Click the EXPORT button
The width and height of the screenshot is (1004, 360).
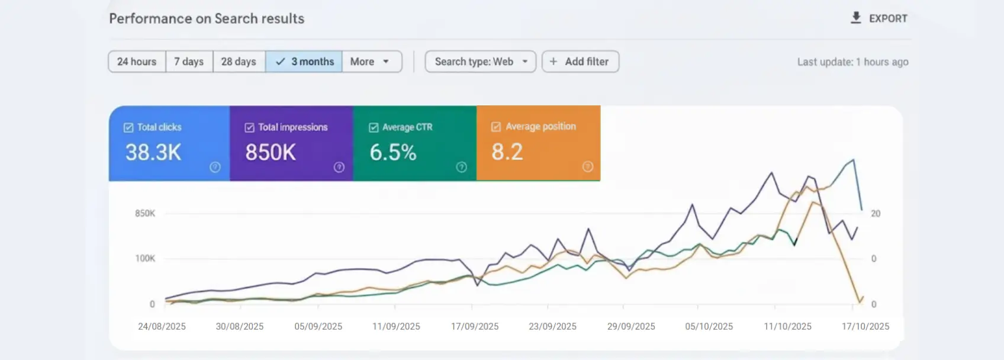click(x=879, y=18)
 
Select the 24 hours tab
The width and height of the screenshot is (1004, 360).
click(x=137, y=62)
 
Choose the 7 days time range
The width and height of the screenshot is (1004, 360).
click(x=189, y=62)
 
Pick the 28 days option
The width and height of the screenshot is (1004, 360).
click(x=239, y=62)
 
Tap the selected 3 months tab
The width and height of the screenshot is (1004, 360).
click(x=304, y=62)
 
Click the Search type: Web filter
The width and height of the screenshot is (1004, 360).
click(x=480, y=62)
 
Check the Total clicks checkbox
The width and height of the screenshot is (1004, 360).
click(x=128, y=127)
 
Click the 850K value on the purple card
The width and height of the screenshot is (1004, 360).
click(x=271, y=153)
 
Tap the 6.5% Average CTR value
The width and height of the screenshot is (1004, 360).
click(x=393, y=153)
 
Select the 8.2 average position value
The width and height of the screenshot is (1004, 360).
click(x=507, y=152)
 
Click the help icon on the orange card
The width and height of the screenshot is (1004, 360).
click(x=587, y=167)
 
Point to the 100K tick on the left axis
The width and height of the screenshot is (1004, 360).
click(x=145, y=258)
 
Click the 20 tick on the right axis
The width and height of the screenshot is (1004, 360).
click(x=876, y=214)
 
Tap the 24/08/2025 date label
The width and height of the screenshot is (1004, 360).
click(x=162, y=326)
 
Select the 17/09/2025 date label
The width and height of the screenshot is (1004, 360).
click(x=475, y=326)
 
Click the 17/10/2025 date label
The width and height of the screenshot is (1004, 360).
click(x=865, y=326)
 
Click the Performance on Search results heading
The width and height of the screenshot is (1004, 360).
click(x=207, y=19)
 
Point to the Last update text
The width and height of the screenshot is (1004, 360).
click(x=852, y=62)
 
